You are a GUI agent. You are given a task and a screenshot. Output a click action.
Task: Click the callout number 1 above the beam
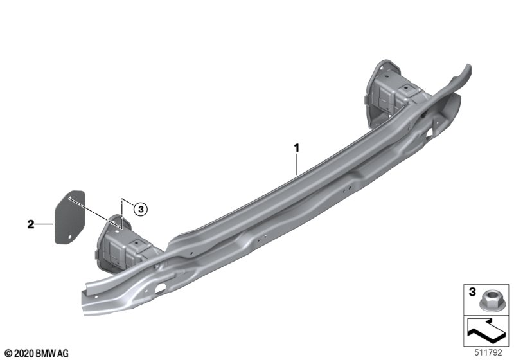[x=297, y=148]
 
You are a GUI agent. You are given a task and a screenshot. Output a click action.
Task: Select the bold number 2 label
[x=30, y=224]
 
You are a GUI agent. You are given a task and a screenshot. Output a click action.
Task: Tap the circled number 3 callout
[x=141, y=209]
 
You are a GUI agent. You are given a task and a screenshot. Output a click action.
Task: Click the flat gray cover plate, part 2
[x=69, y=217]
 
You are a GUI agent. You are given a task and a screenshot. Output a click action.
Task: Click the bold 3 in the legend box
[x=472, y=292]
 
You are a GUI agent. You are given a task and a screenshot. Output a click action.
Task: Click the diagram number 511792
[x=488, y=352]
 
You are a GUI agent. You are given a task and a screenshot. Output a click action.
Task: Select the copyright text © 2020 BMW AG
[x=37, y=354]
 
